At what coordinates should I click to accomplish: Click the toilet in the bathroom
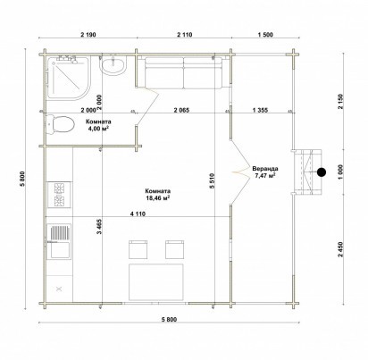[60, 124]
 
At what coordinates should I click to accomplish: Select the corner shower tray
[68, 78]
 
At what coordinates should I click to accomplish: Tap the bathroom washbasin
[113, 64]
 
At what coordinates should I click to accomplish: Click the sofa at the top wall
[183, 73]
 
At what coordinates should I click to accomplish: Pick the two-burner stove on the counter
[59, 195]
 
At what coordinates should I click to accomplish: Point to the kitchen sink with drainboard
[59, 242]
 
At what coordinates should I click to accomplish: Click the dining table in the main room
[156, 281]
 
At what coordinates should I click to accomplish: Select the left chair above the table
[138, 249]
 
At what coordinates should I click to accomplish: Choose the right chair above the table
[175, 249]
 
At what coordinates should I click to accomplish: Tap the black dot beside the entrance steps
[322, 172]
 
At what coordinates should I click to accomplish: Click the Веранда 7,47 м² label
[265, 172]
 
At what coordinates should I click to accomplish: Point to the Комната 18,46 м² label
[158, 195]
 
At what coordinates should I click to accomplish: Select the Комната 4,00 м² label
[98, 125]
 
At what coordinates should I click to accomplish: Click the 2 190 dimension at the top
[88, 35]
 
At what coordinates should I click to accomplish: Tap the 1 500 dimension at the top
[265, 35]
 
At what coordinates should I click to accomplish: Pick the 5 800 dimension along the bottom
[169, 320]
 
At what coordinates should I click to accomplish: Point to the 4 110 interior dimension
[138, 213]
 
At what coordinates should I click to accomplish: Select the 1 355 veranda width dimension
[260, 110]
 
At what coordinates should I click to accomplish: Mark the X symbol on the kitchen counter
[59, 289]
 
